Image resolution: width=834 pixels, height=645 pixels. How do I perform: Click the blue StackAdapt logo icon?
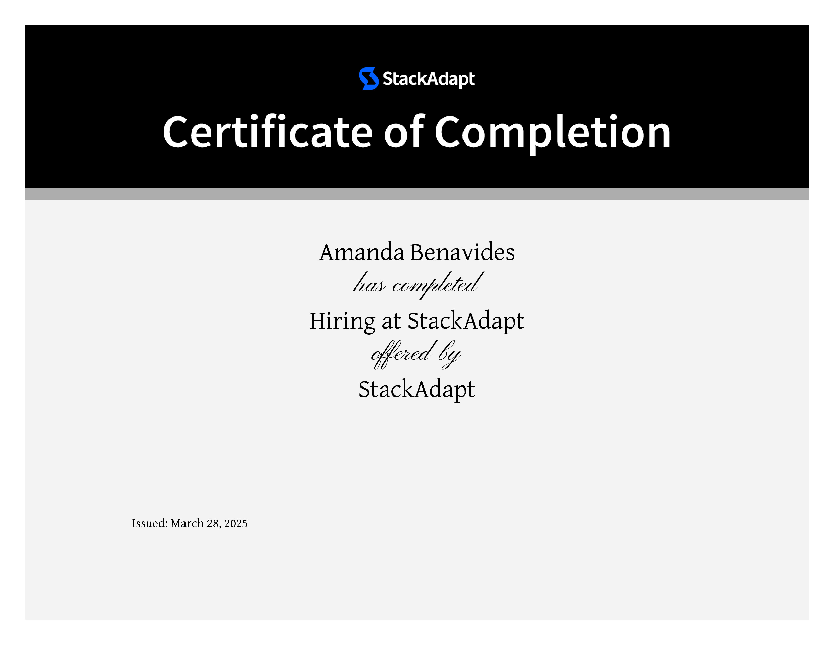368,78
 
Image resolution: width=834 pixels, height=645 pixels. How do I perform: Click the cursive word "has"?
369,283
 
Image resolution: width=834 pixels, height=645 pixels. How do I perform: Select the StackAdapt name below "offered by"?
416,390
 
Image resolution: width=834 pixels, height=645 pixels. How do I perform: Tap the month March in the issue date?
187,523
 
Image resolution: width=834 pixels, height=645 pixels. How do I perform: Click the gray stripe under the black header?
417,194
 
